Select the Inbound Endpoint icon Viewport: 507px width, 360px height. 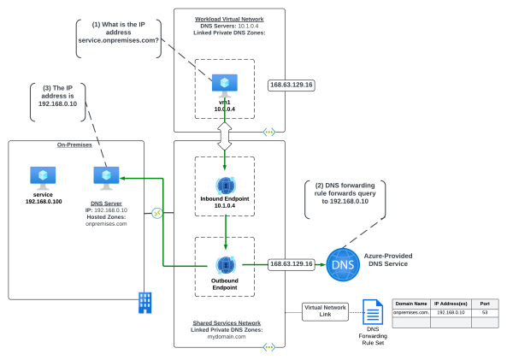point(224,184)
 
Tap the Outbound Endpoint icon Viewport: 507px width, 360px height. point(224,264)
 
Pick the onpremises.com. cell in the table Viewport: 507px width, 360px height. point(412,313)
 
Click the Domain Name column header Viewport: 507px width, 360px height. point(412,304)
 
